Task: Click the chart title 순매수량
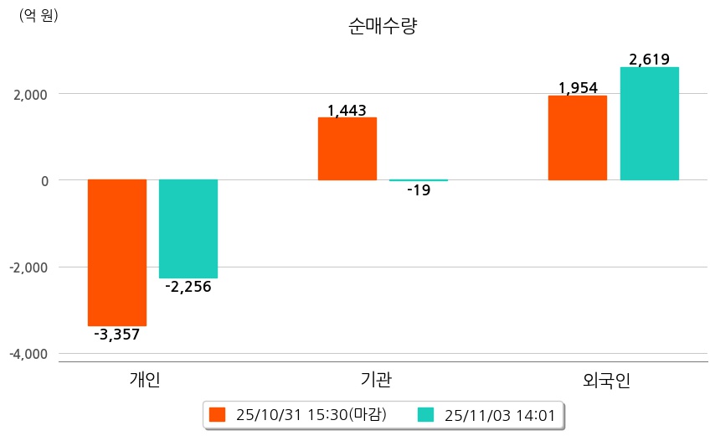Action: pyautogui.click(x=382, y=26)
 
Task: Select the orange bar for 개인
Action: pyautogui.click(x=117, y=252)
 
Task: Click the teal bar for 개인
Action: pyautogui.click(x=188, y=228)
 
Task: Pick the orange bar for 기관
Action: pyautogui.click(x=347, y=148)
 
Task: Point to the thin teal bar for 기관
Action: pyautogui.click(x=419, y=180)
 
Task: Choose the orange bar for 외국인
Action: pyautogui.click(x=577, y=138)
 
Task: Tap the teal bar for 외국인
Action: pyautogui.click(x=649, y=123)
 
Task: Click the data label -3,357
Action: pyautogui.click(x=117, y=335)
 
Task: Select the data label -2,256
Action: pyautogui.click(x=188, y=287)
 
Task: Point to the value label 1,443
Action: pyautogui.click(x=347, y=110)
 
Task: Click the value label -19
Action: pyautogui.click(x=419, y=190)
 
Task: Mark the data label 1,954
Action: pyautogui.click(x=578, y=88)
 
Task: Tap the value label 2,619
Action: pyautogui.click(x=649, y=60)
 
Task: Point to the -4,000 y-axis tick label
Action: pyautogui.click(x=29, y=354)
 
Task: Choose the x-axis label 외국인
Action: pyautogui.click(x=606, y=380)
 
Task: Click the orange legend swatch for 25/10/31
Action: pyautogui.click(x=218, y=414)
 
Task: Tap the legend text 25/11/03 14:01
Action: pyautogui.click(x=498, y=414)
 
